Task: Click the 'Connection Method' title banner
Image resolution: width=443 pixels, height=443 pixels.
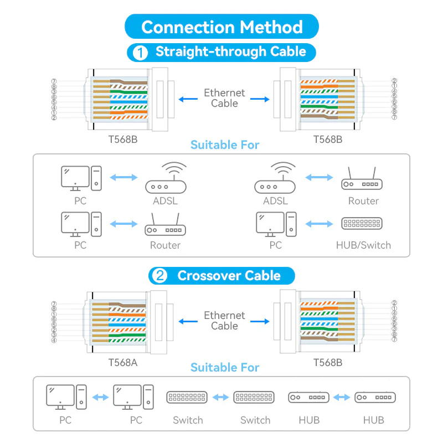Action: pos(222,26)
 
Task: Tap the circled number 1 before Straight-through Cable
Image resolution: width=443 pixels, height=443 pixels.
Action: pos(140,53)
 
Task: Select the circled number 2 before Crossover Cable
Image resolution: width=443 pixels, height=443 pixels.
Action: pos(159,275)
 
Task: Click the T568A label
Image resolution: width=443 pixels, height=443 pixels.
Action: pos(123,363)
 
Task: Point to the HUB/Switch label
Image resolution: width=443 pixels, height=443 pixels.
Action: pos(363,245)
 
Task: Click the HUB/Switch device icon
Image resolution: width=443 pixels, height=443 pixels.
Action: pos(362,224)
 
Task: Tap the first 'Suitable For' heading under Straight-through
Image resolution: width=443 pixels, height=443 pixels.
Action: pos(225,145)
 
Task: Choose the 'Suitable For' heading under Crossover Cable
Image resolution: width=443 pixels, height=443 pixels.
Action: pos(225,368)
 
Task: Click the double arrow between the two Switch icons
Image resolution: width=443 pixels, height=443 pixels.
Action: pos(220,398)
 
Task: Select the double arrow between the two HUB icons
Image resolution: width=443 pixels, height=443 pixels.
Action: pos(342,398)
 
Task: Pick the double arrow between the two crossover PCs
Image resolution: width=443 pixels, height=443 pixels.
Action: pos(100,398)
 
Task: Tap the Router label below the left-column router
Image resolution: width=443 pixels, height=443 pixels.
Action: pos(165,245)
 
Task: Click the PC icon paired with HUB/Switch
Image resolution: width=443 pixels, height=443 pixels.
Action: pos(276,224)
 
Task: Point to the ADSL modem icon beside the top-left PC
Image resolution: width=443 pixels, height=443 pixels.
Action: pos(166,178)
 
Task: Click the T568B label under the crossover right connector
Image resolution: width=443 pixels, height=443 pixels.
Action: pos(328,363)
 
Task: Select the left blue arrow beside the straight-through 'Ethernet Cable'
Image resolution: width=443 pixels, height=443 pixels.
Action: pos(188,99)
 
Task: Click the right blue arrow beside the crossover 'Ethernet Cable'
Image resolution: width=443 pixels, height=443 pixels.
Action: pos(260,322)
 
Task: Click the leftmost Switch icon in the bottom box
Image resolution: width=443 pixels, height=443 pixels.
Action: pos(187,397)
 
